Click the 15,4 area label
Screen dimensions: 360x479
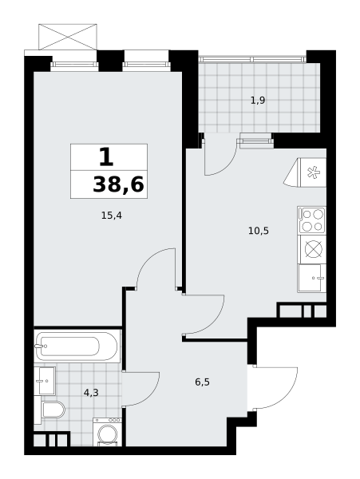(x=112, y=216)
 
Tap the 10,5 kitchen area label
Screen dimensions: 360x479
(x=259, y=231)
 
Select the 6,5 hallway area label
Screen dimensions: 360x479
(x=202, y=382)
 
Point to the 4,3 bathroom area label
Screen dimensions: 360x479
(x=91, y=393)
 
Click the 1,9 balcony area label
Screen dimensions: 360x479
(x=258, y=101)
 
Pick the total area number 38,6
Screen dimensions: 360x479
(x=118, y=185)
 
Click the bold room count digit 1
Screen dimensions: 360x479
(x=106, y=157)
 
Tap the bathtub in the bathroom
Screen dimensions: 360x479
(x=76, y=346)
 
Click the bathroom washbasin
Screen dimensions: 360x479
(x=45, y=381)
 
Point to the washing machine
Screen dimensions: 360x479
(x=107, y=432)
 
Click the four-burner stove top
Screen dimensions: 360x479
(x=311, y=220)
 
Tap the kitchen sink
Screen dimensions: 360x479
(x=312, y=278)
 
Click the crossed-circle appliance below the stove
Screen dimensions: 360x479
(x=313, y=249)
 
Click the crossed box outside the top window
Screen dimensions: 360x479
(x=68, y=37)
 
